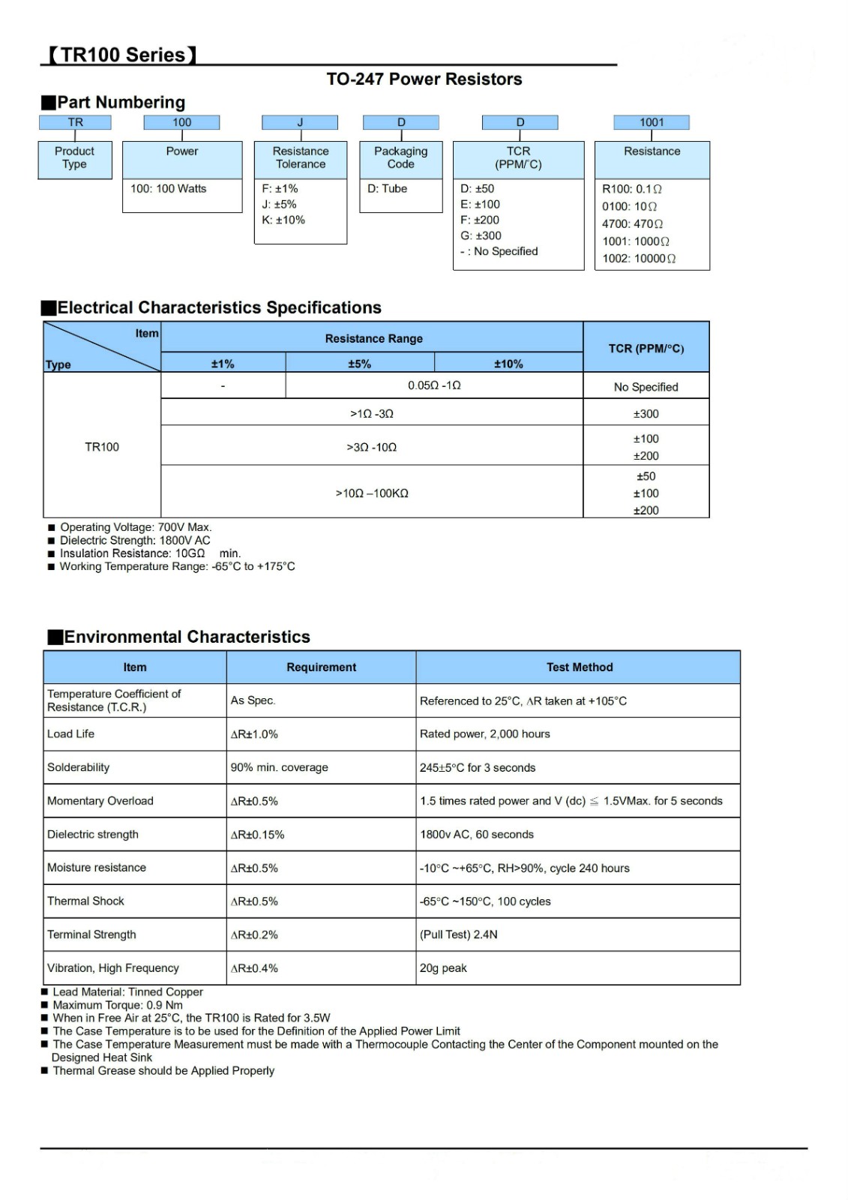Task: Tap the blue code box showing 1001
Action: pyautogui.click(x=651, y=122)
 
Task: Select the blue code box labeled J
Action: pyautogui.click(x=300, y=122)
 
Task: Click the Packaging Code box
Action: pyautogui.click(x=400, y=157)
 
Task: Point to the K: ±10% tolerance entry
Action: pyautogui.click(x=283, y=220)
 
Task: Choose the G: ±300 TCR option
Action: pyautogui.click(x=481, y=235)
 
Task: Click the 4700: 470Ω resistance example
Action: pyautogui.click(x=632, y=223)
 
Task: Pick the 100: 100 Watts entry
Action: pyautogui.click(x=168, y=189)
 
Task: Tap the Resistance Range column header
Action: pyautogui.click(x=373, y=339)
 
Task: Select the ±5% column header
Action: pyautogui.click(x=359, y=364)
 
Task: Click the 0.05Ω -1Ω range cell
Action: pyautogui.click(x=434, y=385)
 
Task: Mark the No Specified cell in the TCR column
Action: pyautogui.click(x=646, y=387)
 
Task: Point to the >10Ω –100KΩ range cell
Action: pyautogui.click(x=372, y=493)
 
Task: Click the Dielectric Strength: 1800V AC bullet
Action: pyautogui.click(x=135, y=540)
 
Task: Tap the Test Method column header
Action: pyautogui.click(x=579, y=667)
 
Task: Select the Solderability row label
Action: pyautogui.click(x=78, y=767)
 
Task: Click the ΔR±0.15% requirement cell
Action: pyautogui.click(x=257, y=835)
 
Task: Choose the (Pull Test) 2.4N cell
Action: pyautogui.click(x=458, y=934)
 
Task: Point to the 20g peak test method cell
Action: pyautogui.click(x=443, y=968)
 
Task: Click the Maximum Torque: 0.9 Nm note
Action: pyautogui.click(x=118, y=1005)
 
